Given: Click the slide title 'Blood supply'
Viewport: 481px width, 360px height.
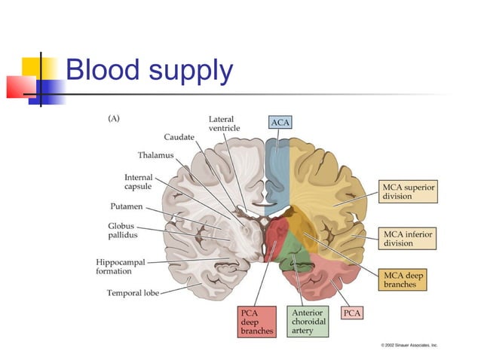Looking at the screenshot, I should (x=149, y=70).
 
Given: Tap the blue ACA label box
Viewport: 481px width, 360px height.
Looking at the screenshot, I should (x=280, y=121).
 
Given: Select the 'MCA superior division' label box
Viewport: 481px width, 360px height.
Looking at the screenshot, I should (x=407, y=191).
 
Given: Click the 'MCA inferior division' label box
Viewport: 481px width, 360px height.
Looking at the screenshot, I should (x=407, y=238).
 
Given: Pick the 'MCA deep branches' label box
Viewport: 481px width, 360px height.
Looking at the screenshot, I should (x=403, y=280).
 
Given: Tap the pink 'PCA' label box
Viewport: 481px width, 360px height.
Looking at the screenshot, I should (x=352, y=312).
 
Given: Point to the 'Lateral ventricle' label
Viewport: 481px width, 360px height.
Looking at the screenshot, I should (x=225, y=124).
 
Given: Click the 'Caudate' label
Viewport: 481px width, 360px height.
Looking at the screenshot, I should (x=179, y=137).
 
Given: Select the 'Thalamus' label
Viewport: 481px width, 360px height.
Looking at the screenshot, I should (x=155, y=155).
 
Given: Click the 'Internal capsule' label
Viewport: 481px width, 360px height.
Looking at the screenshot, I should (x=139, y=183).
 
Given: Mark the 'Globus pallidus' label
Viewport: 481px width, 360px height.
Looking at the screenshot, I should (x=122, y=230).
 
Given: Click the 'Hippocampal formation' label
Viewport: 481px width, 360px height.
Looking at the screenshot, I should (x=121, y=267).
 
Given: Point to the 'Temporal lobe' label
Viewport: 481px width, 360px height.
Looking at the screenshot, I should (x=133, y=293).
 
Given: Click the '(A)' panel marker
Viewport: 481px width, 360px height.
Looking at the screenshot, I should (x=114, y=117).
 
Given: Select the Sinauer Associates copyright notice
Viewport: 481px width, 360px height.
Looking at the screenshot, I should (x=409, y=345).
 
